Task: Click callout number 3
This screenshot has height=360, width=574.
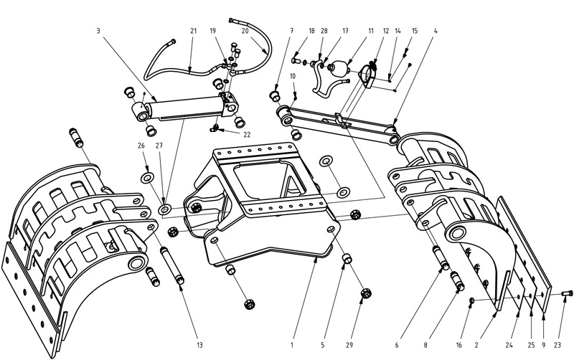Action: pyautogui.click(x=98, y=31)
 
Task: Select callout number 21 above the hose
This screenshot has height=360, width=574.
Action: pyautogui.click(x=193, y=31)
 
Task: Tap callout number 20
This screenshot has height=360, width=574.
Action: pyautogui.click(x=245, y=31)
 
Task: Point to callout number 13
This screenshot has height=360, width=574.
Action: pyautogui.click(x=199, y=345)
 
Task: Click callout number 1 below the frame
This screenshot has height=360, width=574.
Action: pyautogui.click(x=293, y=345)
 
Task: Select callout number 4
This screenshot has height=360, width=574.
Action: pyautogui.click(x=436, y=31)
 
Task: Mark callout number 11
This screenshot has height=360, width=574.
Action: pyautogui.click(x=371, y=31)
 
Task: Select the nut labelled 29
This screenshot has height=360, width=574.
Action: pyautogui.click(x=364, y=294)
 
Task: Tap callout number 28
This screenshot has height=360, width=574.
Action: pyautogui.click(x=324, y=31)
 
